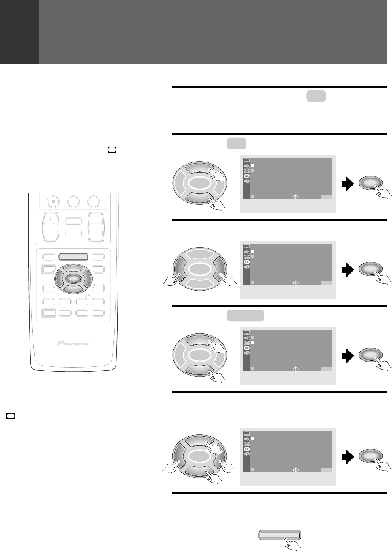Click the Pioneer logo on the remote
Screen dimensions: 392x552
[73, 343]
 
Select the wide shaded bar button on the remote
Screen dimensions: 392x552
[74, 257]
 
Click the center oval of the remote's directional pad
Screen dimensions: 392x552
[73, 279]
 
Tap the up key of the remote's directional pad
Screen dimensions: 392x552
[73, 269]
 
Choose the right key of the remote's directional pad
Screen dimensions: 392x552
[88, 279]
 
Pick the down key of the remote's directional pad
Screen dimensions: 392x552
[73, 289]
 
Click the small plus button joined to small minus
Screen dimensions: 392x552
[98, 313]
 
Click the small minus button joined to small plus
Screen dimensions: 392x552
[82, 313]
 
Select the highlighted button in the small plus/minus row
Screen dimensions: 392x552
[49, 313]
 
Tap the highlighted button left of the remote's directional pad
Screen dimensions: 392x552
[48, 270]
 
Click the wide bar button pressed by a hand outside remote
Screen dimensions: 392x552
[280, 535]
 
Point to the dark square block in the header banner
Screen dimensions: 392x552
[19, 32]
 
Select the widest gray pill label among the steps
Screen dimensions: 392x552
[246, 316]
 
